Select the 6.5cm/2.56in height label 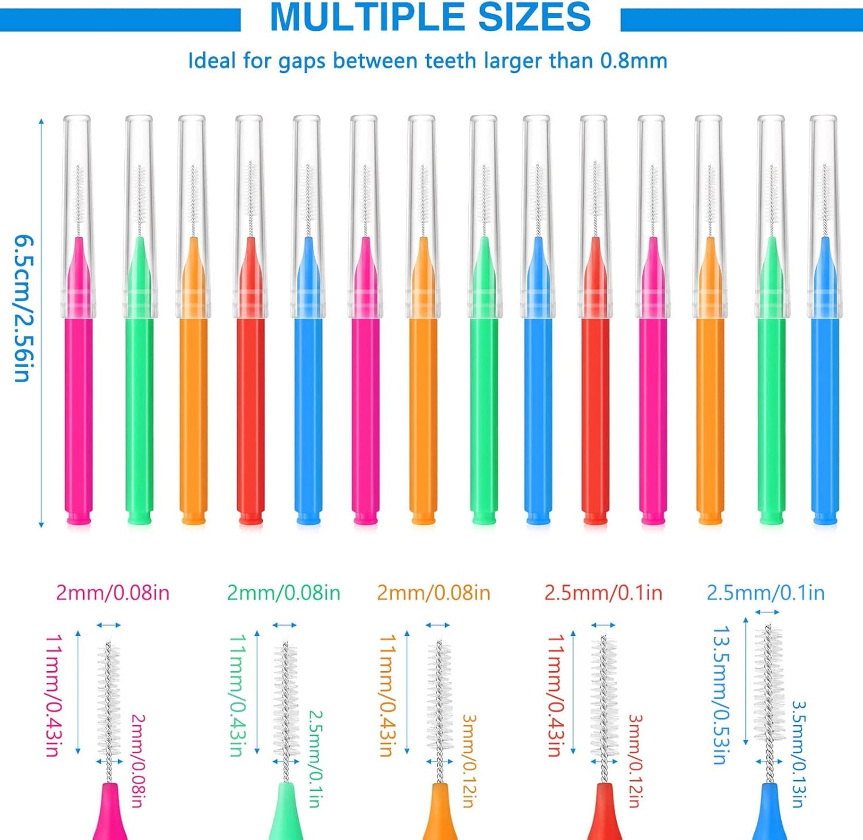[x=23, y=307]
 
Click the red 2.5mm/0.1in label [x=603, y=593]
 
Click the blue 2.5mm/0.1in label [x=766, y=593]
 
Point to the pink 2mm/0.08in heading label [x=113, y=593]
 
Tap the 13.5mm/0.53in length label [x=721, y=695]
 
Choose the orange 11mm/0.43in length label [x=388, y=696]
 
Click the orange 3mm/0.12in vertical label [x=469, y=761]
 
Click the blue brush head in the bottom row [x=769, y=687]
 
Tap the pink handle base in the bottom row [x=109, y=815]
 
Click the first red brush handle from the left [x=250, y=418]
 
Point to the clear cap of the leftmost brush [x=78, y=179]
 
